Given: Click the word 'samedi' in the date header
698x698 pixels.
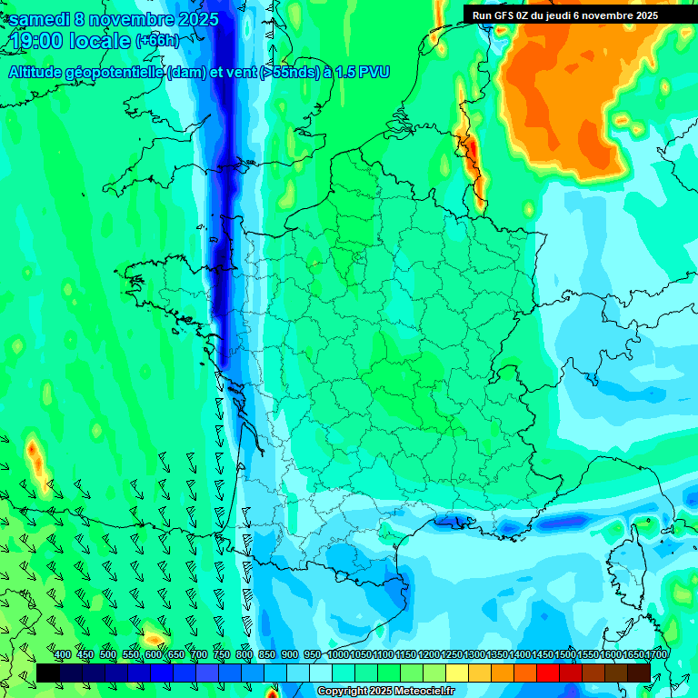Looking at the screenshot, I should (x=42, y=19).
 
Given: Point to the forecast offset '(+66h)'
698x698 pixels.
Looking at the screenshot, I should (x=157, y=41).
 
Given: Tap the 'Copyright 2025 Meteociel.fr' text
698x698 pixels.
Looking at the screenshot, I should (x=385, y=692).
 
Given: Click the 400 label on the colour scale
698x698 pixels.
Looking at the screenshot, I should (x=62, y=654).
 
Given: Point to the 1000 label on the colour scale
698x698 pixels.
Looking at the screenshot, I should (x=338, y=654).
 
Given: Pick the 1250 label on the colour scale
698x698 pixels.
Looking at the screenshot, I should (x=452, y=654).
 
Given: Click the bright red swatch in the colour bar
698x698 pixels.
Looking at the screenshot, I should (x=547, y=673).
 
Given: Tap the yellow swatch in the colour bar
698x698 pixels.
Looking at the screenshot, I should (x=457, y=673).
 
